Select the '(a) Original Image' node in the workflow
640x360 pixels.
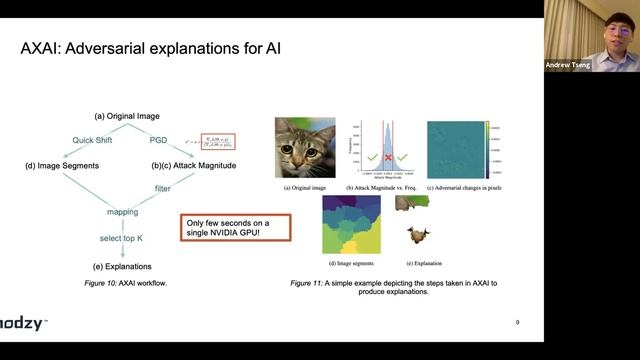tap(127, 116)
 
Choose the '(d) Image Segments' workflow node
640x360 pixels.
tap(61, 164)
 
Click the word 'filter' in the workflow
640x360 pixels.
tap(162, 187)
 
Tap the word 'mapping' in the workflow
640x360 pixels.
tap(123, 212)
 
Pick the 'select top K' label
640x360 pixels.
tap(123, 240)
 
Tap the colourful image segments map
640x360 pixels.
tap(351, 225)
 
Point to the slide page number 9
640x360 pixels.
tap(518, 322)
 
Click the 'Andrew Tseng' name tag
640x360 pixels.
tap(568, 65)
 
